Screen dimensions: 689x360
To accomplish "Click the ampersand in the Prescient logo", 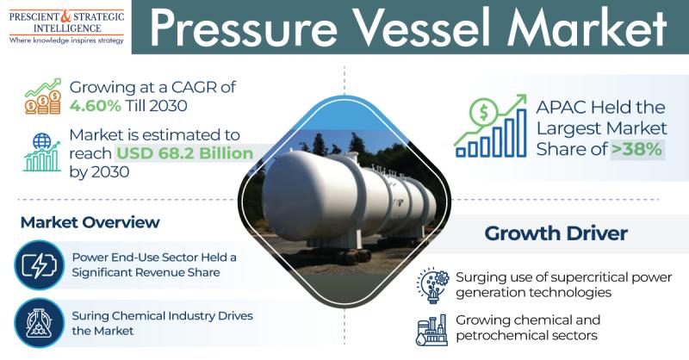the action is tap(65, 16).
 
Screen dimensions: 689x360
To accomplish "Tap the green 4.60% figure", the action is tap(95, 106).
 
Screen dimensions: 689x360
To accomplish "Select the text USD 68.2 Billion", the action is tap(184, 153).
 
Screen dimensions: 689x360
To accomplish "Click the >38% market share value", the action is tap(636, 149).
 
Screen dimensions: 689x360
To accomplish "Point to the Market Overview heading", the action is tap(90, 222).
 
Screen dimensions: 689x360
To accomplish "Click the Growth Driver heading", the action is tap(556, 233).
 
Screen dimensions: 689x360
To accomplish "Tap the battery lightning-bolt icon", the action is tap(39, 265).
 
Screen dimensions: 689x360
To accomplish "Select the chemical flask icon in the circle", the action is tap(39, 323).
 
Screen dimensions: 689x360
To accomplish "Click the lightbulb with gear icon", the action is tap(433, 285).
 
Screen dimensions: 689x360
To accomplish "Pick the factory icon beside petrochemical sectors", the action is tap(431, 330).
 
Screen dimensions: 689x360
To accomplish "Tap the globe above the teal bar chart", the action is tap(41, 141).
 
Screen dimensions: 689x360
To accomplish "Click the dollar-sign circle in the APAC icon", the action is tap(483, 113).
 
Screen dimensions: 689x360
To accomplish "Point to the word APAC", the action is tap(561, 108).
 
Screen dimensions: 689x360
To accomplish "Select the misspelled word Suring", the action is tap(90, 316).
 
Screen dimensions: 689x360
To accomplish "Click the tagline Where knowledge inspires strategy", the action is tap(66, 40).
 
